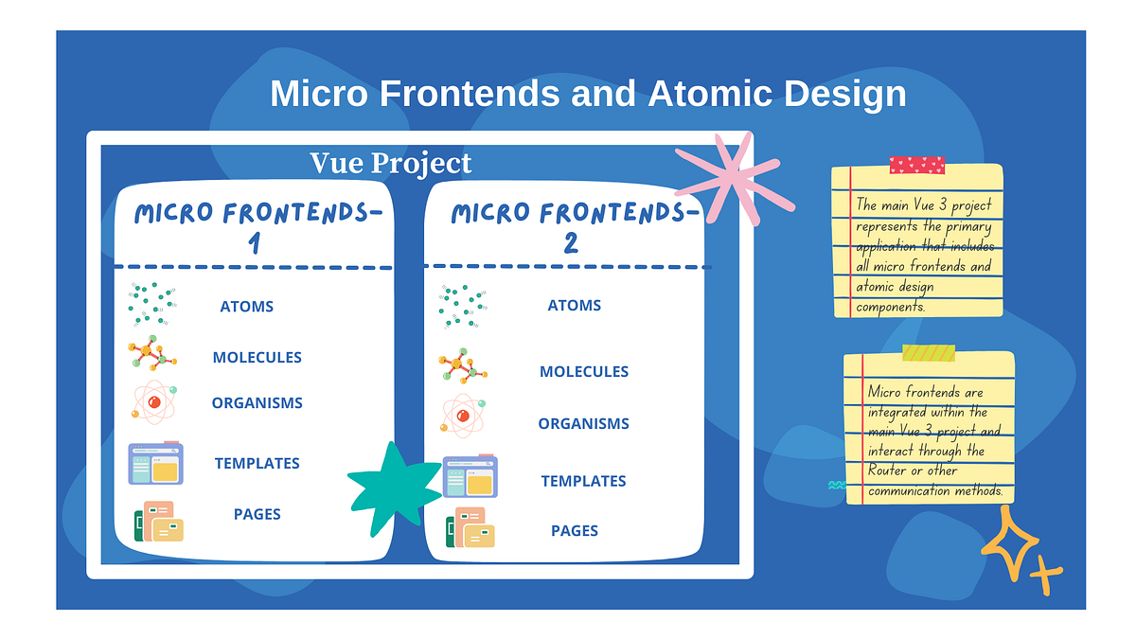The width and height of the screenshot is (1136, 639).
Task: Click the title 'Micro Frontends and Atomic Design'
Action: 588,95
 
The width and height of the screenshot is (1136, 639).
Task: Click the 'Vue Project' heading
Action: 391,163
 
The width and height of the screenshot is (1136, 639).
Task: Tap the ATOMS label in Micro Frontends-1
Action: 246,307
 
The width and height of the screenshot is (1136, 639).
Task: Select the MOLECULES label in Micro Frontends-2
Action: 583,372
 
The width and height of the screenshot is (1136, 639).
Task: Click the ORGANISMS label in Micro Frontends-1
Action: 257,403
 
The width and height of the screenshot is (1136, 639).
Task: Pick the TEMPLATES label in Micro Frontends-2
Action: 583,481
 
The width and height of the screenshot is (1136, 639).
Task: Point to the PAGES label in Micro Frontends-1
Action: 257,514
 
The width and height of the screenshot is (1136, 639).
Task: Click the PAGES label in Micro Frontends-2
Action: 575,531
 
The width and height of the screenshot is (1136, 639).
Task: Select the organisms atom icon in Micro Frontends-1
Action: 154,401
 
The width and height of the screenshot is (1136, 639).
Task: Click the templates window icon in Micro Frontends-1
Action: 156,464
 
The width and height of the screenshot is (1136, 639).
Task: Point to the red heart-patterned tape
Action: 916,166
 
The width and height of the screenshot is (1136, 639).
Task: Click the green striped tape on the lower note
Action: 929,353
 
